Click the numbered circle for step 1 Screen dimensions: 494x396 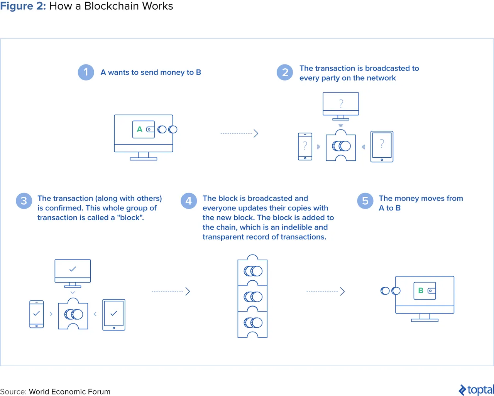(86, 72)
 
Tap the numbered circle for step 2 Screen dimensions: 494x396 (285, 72)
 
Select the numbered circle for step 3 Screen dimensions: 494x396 (24, 201)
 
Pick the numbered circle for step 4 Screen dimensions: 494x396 (189, 201)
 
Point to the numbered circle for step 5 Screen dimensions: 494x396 (365, 201)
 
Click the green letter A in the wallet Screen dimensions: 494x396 (140, 130)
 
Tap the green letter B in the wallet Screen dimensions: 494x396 (421, 290)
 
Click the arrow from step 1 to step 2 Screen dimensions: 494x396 (239, 133)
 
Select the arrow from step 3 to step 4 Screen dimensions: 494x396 (171, 292)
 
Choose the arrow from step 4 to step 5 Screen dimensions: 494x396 (325, 292)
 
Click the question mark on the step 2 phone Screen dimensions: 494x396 (305, 146)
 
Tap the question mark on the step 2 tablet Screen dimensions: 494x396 (382, 143)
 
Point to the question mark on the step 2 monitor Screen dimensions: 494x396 (341, 103)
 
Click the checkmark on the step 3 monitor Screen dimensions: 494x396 (73, 269)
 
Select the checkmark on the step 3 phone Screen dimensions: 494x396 (37, 313)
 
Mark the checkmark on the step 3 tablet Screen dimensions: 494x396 (114, 313)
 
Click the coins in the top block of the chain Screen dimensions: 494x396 (253, 271)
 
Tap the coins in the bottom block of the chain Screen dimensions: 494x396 (253, 323)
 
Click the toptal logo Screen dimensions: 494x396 (476, 390)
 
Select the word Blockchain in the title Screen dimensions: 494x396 (111, 6)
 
